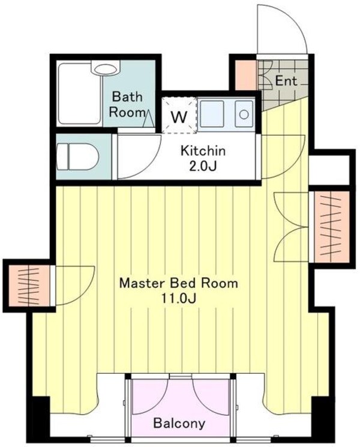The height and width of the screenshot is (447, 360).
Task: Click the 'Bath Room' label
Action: (127, 104)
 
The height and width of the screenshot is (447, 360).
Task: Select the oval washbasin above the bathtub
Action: (105, 69)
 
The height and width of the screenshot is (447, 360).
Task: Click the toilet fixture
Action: (77, 156)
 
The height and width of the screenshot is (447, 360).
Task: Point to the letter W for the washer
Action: (179, 116)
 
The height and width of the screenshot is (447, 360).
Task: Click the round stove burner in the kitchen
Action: (244, 115)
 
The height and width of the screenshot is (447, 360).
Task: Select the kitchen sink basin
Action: (212, 114)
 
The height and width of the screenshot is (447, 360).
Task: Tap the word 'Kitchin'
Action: (203, 151)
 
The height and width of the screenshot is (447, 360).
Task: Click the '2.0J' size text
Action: (203, 166)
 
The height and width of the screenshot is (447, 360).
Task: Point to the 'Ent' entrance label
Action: (286, 81)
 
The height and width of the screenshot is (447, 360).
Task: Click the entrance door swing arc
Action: (296, 22)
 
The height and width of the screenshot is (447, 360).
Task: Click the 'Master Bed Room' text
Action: (178, 283)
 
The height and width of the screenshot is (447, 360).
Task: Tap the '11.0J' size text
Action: (178, 298)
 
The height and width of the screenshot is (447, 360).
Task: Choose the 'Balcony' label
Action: (179, 423)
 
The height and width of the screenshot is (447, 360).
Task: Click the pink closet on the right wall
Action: (331, 227)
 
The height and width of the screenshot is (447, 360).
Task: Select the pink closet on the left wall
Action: (29, 286)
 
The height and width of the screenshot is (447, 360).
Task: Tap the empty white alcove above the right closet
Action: (329, 170)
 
